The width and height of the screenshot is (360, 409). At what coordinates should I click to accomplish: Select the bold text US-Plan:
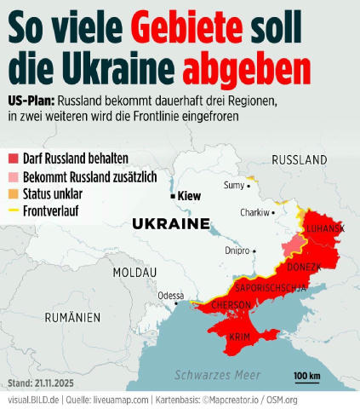[x=33, y=99]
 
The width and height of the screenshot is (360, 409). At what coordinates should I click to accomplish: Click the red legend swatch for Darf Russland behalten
[x=13, y=158]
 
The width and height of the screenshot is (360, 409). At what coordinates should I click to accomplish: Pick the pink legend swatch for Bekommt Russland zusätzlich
[x=13, y=176]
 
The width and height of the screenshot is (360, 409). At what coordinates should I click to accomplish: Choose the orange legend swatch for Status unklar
[x=13, y=193]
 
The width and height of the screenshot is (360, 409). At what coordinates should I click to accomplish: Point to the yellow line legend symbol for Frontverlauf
[x=13, y=210]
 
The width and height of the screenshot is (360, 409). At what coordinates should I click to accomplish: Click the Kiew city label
[x=189, y=196]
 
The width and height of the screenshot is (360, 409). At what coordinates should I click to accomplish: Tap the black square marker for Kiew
[x=173, y=196]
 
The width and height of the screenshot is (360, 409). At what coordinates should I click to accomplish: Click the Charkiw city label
[x=254, y=212]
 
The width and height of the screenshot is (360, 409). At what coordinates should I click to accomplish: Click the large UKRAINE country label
[x=171, y=224]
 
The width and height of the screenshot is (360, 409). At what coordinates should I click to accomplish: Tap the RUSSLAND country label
[x=300, y=159]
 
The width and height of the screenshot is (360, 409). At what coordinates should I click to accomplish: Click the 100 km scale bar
[x=306, y=378]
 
